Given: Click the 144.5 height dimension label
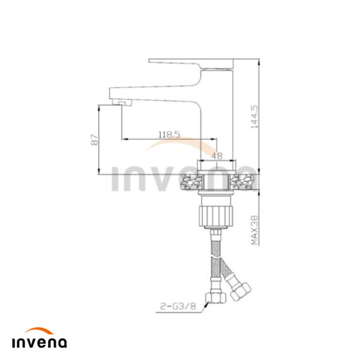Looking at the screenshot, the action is [x=254, y=116].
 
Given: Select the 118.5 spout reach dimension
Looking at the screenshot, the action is [x=169, y=134].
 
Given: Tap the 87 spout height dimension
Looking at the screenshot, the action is [x=95, y=140].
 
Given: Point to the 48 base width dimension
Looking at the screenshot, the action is [x=217, y=156].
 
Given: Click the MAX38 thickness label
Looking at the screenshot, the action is [x=254, y=230].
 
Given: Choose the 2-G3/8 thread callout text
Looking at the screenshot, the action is [x=178, y=306].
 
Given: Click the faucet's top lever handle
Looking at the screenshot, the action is [x=191, y=64].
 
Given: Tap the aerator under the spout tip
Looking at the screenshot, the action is [x=122, y=103].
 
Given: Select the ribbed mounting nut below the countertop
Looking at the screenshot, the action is [x=216, y=216].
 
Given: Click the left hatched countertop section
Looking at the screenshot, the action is [x=192, y=182].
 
